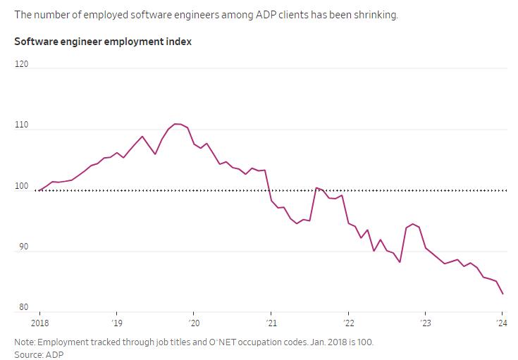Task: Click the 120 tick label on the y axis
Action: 22,64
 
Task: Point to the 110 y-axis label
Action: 22,125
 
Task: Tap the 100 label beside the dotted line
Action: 22,186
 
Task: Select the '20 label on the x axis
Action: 194,323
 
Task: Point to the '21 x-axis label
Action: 271,323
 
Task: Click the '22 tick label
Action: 348,323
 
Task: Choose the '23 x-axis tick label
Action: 425,323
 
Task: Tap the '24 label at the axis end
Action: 502,323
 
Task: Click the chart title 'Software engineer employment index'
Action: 103,42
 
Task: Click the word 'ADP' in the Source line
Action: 55,354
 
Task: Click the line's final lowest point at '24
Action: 502,294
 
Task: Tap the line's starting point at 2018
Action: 39,190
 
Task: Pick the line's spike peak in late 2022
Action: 413,224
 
